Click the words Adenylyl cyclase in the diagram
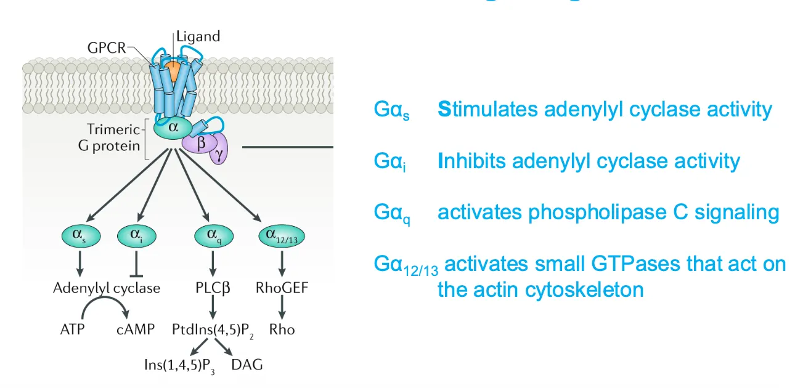pyautogui.click(x=106, y=288)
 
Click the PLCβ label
pyautogui.click(x=211, y=288)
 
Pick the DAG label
pyautogui.click(x=247, y=365)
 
